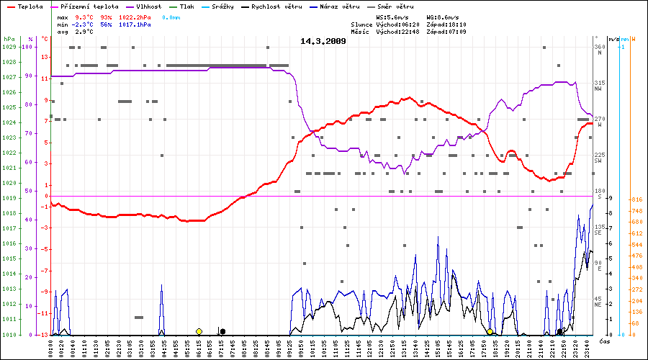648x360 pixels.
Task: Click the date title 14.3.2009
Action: [x=323, y=41]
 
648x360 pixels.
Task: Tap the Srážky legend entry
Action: [x=222, y=6]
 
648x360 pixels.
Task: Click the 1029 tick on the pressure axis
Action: [x=9, y=47]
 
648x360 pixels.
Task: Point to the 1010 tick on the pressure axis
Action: [x=9, y=335]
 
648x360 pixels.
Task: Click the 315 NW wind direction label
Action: [x=598, y=86]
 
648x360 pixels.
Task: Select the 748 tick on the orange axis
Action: [x=636, y=210]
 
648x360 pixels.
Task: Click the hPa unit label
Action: [x=9, y=39]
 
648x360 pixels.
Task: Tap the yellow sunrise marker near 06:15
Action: [x=199, y=331]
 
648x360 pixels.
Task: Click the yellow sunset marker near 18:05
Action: [x=490, y=331]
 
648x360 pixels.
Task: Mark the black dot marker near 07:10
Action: [x=222, y=331]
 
